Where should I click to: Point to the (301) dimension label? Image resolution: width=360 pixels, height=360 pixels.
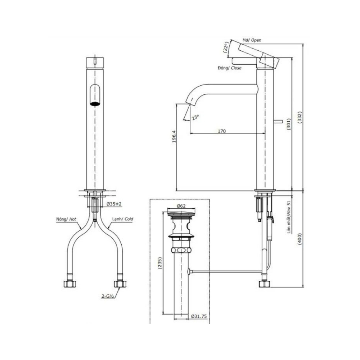[x=288, y=125]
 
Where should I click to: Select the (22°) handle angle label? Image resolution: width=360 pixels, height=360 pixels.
[x=226, y=48]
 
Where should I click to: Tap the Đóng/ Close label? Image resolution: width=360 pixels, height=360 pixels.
[x=229, y=68]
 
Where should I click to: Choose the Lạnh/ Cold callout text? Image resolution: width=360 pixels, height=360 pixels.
[x=125, y=219]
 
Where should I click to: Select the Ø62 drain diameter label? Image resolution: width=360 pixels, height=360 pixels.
[x=181, y=206]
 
